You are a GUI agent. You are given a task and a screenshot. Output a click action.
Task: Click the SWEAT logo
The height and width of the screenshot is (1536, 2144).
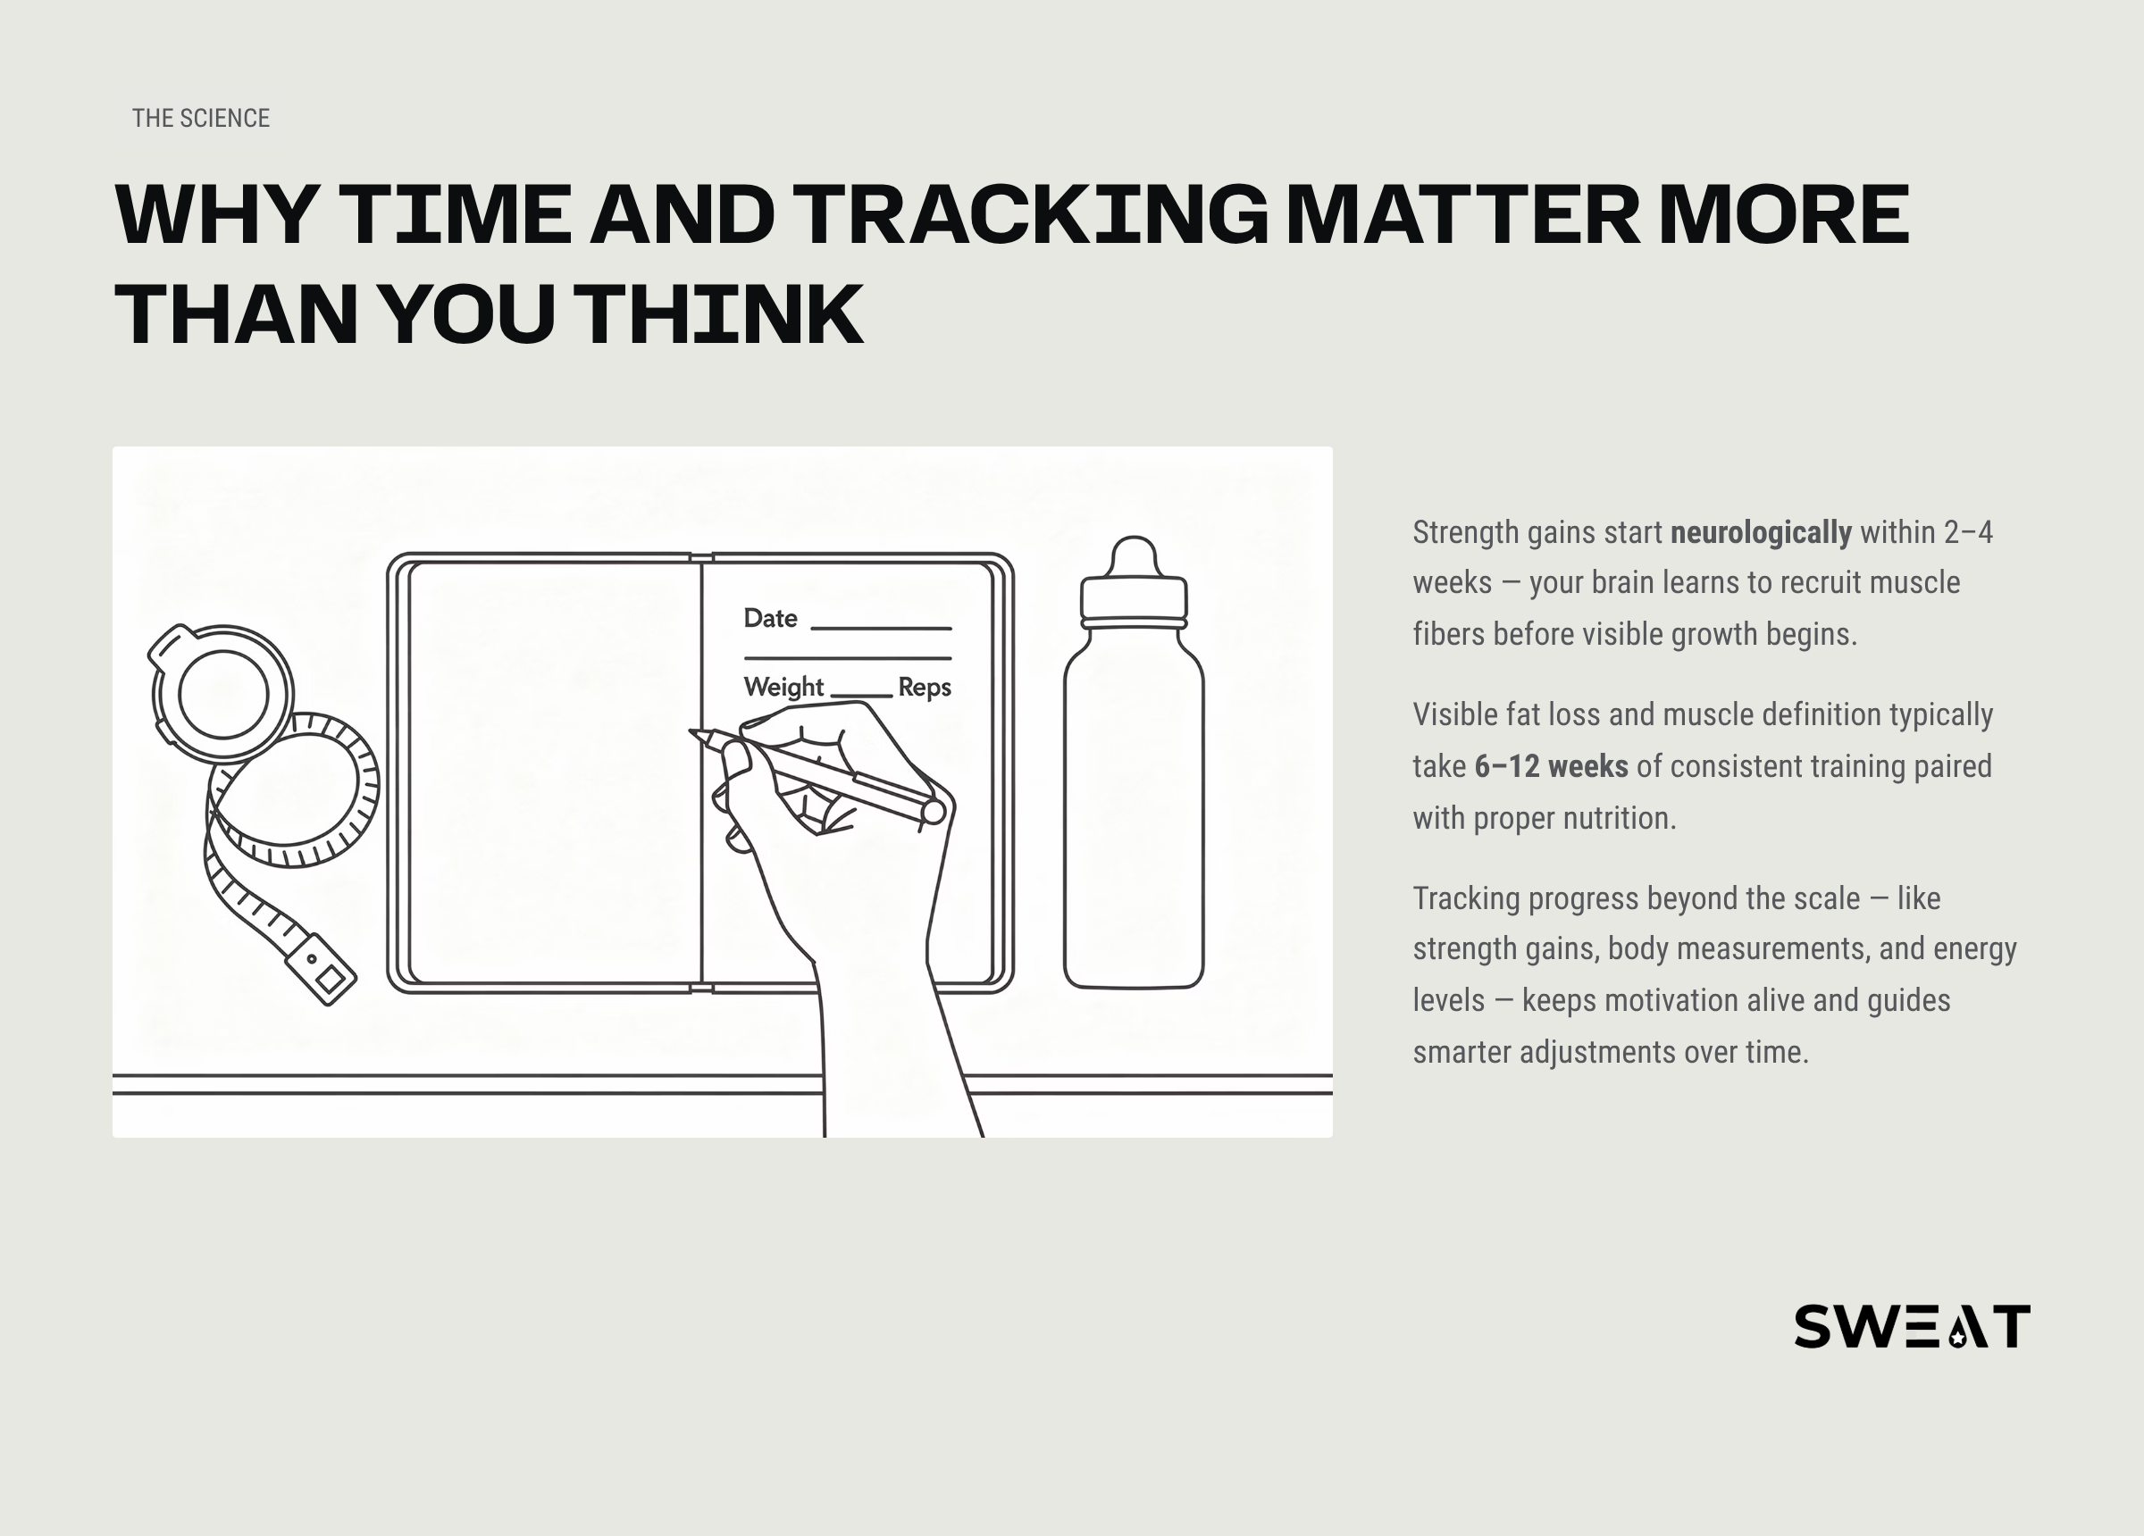point(1912,1325)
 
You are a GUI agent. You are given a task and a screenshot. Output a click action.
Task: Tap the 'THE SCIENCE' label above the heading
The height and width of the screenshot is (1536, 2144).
point(200,118)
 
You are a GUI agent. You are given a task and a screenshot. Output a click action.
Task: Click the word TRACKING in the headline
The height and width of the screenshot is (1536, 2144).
point(1030,214)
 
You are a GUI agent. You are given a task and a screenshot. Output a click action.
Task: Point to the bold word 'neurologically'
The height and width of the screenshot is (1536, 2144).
point(1760,532)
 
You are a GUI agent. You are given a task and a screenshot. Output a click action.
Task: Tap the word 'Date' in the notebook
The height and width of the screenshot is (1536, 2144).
point(770,618)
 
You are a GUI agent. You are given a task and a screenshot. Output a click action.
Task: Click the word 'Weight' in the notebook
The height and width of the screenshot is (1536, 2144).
point(783,688)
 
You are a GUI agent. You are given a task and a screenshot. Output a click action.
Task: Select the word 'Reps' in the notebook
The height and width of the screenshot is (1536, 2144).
point(925,688)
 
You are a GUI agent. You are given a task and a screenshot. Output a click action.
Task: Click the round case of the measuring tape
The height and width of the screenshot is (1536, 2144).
point(223,695)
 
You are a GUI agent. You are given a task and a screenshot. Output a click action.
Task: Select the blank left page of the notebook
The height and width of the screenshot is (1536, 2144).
point(556,772)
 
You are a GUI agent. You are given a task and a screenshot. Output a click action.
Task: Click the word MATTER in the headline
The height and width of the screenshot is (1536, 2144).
point(1463,214)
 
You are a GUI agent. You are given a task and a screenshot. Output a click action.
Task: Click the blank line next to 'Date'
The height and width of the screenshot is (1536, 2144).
point(881,629)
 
